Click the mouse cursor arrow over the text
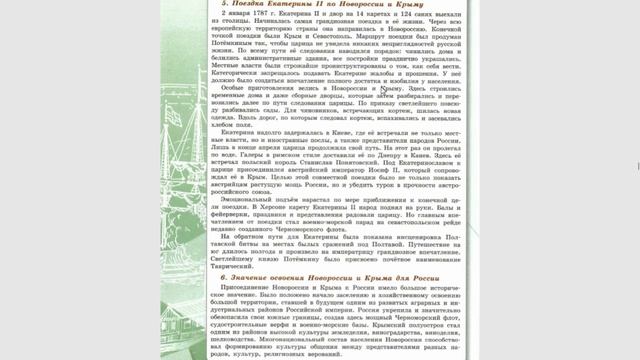384,91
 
